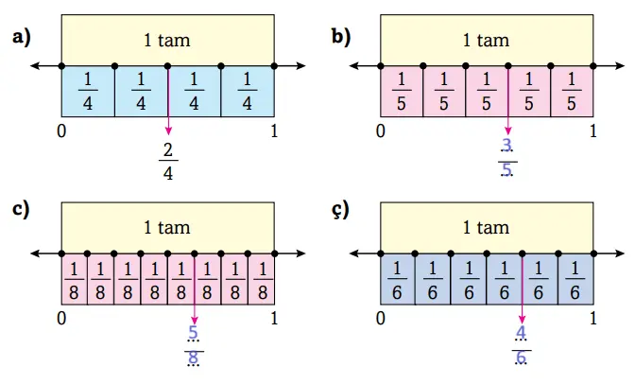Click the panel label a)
pos(21,37)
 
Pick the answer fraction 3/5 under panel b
pos(507,157)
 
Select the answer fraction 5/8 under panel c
pos(194,345)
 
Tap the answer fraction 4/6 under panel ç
pos(523,345)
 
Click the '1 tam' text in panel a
pos(167,40)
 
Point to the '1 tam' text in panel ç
pos(486,227)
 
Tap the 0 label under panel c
pos(62,319)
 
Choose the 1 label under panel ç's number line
pos(593,319)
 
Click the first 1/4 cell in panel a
pos(88,92)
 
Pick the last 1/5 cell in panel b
pos(572,92)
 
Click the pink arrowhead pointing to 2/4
pos(168,132)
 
